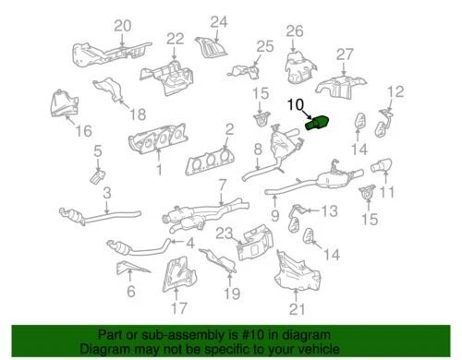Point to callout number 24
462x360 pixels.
(x=218, y=21)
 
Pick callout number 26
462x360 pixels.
(x=294, y=31)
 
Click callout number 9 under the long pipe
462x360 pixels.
(x=274, y=215)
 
